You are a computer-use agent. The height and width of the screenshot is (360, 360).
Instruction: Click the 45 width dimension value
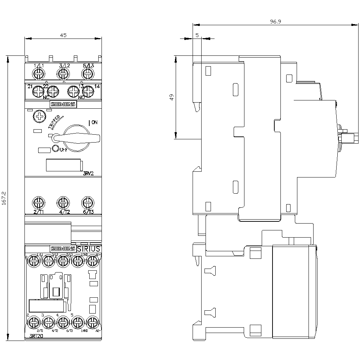[63, 35]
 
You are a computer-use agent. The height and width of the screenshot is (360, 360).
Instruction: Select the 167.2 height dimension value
[4, 198]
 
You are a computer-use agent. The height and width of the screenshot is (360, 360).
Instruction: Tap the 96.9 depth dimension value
[276, 22]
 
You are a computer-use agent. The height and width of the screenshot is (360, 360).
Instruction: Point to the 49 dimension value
[172, 97]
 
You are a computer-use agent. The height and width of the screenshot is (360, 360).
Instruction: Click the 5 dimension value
[197, 35]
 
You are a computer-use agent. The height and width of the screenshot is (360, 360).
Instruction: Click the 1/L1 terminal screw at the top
[38, 74]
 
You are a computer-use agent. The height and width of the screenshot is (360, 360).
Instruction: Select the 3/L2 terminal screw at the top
[63, 74]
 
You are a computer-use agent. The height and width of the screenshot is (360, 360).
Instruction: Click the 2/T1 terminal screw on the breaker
[38, 202]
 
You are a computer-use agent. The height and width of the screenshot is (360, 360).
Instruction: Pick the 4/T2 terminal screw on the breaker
[63, 202]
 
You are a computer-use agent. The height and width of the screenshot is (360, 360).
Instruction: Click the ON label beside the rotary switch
[94, 122]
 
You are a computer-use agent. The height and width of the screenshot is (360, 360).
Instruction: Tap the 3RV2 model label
[90, 173]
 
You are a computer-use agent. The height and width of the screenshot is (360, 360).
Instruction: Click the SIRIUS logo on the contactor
[89, 248]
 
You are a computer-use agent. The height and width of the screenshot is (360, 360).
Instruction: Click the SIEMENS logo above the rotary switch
[63, 104]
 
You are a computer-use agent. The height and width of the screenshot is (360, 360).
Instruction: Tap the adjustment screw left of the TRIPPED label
[38, 116]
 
